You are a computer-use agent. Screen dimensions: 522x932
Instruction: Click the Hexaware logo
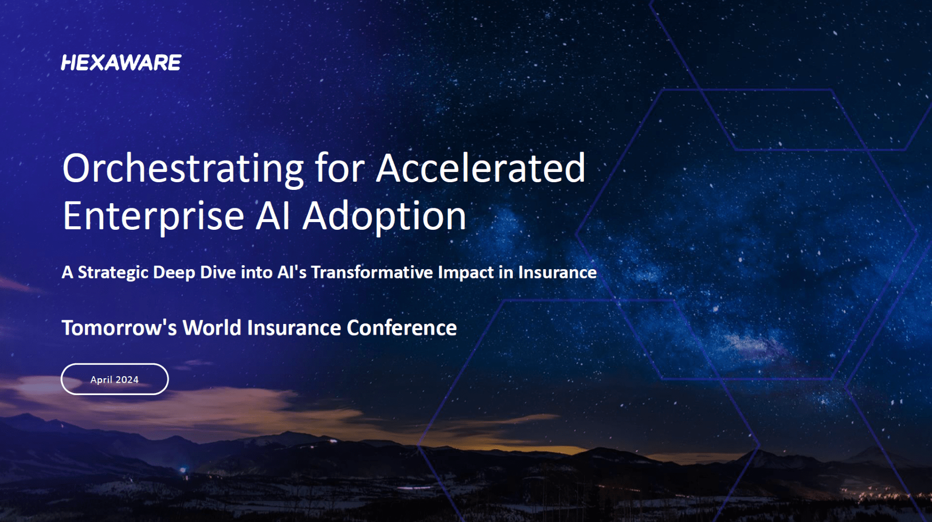click(121, 62)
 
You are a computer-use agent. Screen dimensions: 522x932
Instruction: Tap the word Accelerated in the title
click(480, 168)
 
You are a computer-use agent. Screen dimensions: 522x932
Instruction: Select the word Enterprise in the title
click(153, 216)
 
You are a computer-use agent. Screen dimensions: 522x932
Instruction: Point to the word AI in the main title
click(273, 216)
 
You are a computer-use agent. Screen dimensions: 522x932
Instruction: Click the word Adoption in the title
click(384, 216)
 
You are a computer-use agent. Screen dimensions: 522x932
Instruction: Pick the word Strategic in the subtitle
click(113, 272)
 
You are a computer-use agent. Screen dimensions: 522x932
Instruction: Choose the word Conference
click(401, 328)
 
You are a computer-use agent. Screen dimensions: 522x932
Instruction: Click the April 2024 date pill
click(115, 379)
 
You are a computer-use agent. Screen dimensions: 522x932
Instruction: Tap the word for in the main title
click(339, 168)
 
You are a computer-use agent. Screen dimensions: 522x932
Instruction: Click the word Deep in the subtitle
click(174, 272)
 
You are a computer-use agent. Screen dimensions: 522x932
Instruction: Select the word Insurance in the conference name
click(294, 328)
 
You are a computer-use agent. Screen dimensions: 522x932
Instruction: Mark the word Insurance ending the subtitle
click(557, 272)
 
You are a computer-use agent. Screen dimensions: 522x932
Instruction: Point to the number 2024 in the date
click(127, 380)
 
